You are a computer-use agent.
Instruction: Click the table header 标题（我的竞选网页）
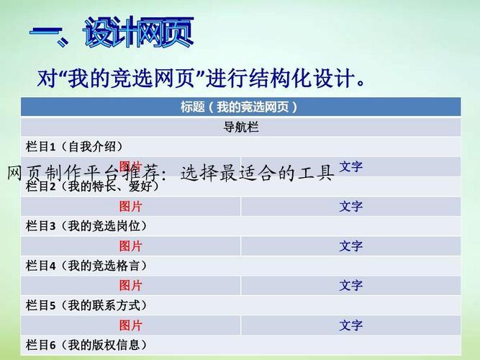click(x=240, y=107)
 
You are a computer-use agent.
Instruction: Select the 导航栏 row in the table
click(x=240, y=127)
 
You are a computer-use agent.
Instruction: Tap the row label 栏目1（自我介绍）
click(x=79, y=147)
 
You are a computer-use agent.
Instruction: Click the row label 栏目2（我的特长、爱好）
click(x=92, y=186)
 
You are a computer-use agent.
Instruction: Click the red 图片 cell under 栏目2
click(x=130, y=207)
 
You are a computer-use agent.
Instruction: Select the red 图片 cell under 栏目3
click(x=130, y=246)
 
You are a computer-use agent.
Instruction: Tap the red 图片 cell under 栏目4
click(x=130, y=286)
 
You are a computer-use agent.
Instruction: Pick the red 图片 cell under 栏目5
click(x=130, y=325)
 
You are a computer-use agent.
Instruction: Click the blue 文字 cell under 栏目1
click(x=350, y=167)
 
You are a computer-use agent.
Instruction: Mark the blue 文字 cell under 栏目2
click(x=350, y=207)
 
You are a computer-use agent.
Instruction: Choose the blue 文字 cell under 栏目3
click(x=350, y=246)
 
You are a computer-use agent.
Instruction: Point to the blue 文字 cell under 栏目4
click(x=350, y=286)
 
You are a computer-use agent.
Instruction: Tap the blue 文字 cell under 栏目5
click(x=350, y=325)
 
